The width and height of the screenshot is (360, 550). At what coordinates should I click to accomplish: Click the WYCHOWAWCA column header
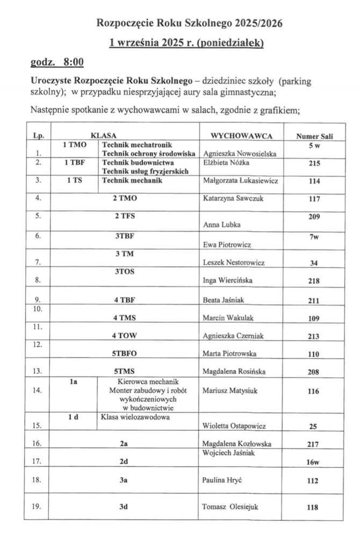[x=242, y=136]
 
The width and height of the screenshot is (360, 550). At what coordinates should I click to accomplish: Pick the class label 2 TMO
[x=125, y=198]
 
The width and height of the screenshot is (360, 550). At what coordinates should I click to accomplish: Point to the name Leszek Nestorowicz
[x=233, y=263]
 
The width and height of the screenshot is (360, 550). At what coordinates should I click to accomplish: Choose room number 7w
[x=314, y=236]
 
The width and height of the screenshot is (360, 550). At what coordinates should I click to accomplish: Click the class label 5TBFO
[x=125, y=354]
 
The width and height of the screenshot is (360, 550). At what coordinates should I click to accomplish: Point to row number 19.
[x=37, y=506]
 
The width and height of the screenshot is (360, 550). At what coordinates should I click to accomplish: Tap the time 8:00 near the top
[x=73, y=62]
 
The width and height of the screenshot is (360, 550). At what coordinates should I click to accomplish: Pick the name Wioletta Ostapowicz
[x=233, y=427]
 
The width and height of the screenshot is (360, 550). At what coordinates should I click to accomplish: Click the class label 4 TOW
[x=125, y=336]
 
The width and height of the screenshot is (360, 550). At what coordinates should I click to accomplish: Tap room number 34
[x=314, y=263]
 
